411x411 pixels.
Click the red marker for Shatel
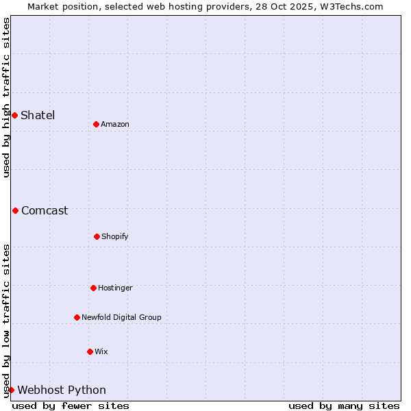(14, 115)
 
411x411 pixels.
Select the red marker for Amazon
(96, 124)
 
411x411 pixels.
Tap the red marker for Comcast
(15, 210)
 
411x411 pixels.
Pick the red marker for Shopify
(97, 236)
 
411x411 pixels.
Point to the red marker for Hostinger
(93, 288)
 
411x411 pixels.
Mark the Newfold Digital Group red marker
(77, 317)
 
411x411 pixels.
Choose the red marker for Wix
(90, 351)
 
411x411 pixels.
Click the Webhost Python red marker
(11, 390)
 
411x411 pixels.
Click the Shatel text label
(38, 115)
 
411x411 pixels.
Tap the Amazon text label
(115, 124)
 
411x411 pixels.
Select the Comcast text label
(45, 210)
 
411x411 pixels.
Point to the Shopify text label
(115, 236)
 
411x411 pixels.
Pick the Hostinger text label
(115, 288)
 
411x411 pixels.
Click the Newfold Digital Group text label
(121, 317)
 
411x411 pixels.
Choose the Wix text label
(101, 351)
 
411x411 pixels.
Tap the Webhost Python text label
(62, 390)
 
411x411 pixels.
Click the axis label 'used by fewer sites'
(71, 406)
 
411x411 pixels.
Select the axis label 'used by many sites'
(344, 406)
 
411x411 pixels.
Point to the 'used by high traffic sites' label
(6, 97)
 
